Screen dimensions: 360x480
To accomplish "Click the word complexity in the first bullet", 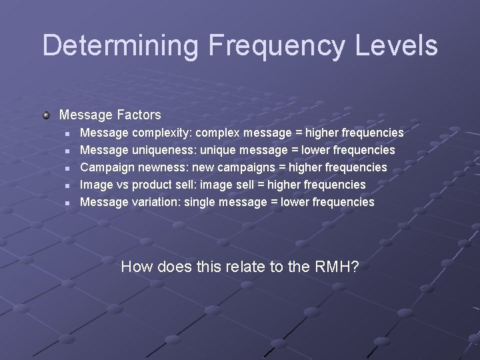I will (x=153, y=133).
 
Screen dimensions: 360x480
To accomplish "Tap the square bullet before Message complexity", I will (x=67, y=133).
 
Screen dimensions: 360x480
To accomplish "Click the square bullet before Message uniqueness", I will (x=67, y=151).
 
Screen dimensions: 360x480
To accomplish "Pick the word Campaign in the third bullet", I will (x=104, y=167).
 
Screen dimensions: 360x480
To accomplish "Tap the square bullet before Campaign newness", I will (x=67, y=168).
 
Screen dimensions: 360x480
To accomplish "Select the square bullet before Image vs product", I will (x=67, y=185).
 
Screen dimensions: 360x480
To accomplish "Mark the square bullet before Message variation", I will (x=67, y=202).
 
